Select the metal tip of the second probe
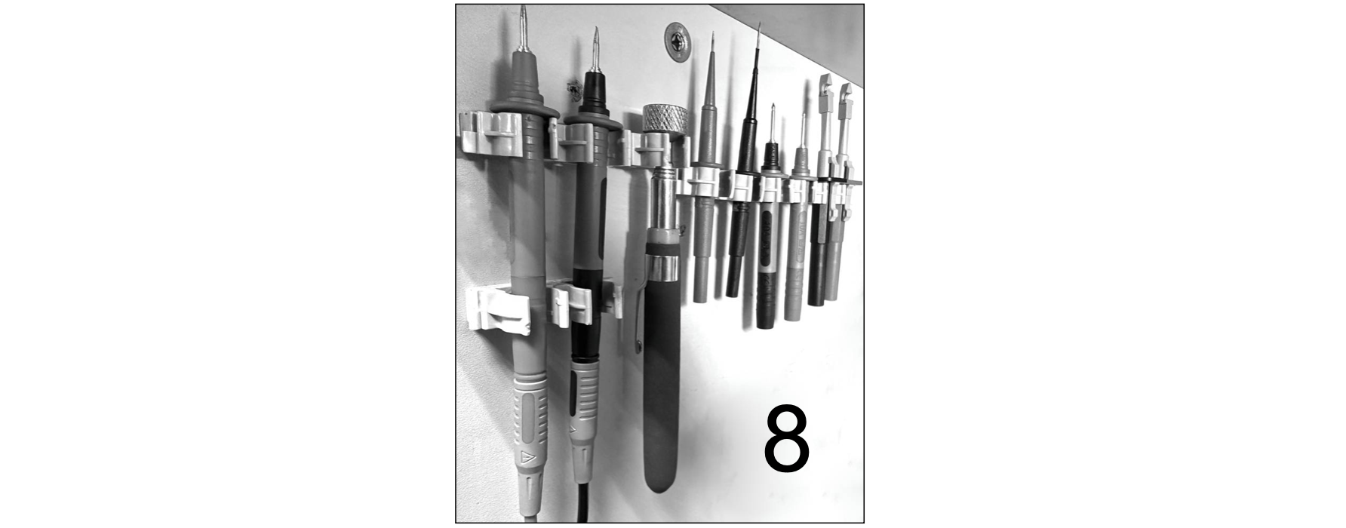[x=595, y=49]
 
